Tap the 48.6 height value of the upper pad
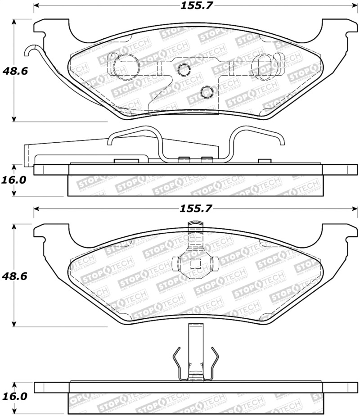(14, 71)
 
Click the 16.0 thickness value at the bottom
(14, 397)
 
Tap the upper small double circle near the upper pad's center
(183, 69)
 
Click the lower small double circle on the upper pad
(207, 92)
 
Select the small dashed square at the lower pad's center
(194, 264)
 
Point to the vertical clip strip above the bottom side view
(194, 347)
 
